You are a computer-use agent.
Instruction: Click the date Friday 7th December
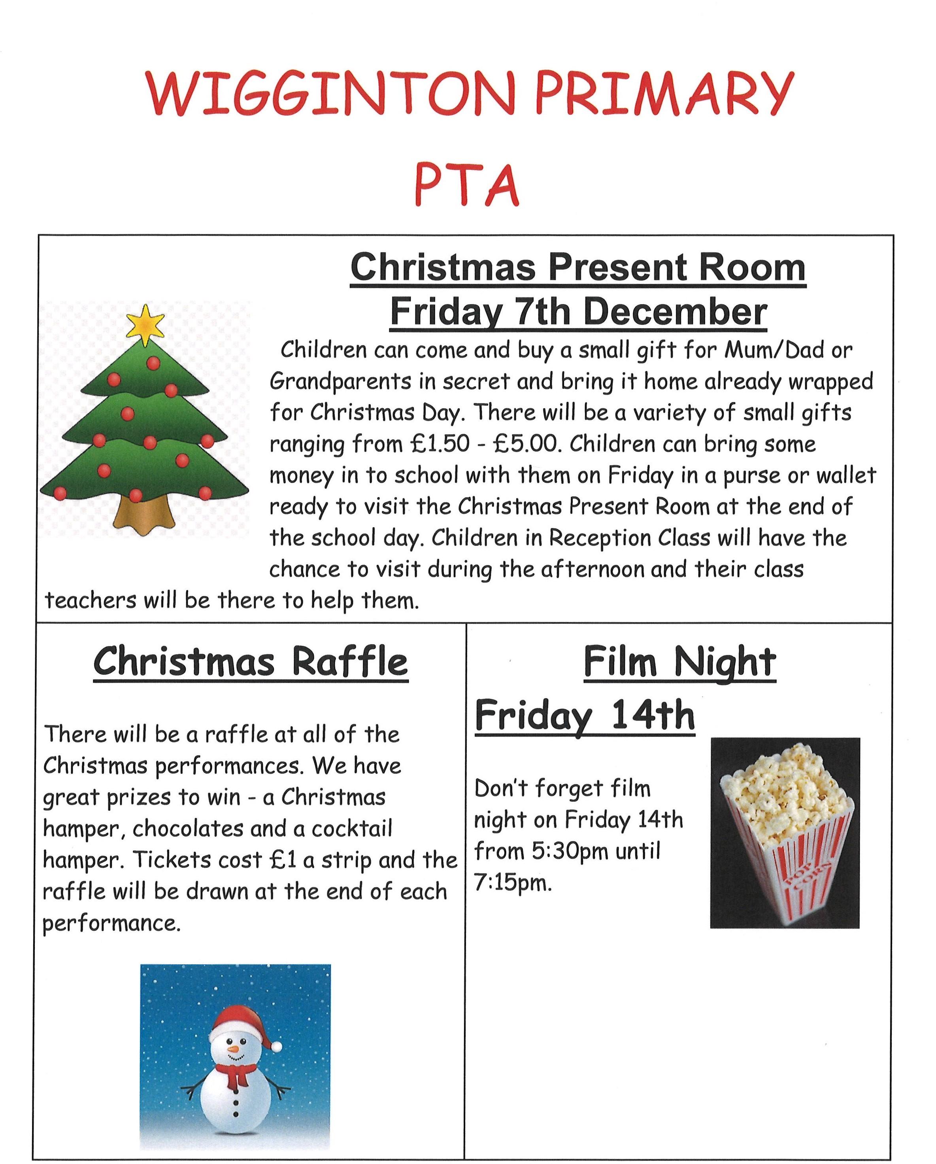tap(578, 312)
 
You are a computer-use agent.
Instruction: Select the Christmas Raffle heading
tap(251, 662)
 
